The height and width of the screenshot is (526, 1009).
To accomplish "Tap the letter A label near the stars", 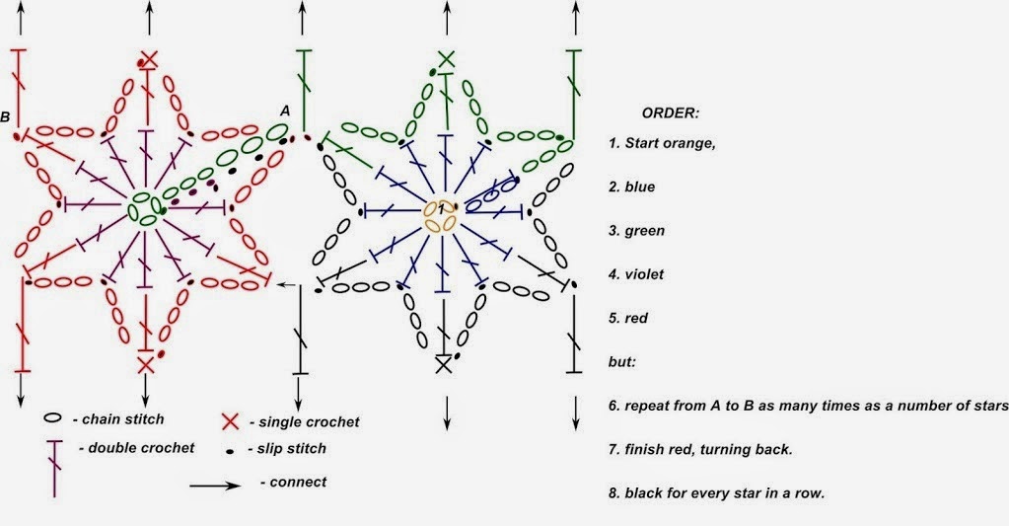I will point(284,112).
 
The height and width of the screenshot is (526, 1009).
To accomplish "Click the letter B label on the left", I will point(6,117).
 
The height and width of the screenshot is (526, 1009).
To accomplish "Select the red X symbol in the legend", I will point(230,422).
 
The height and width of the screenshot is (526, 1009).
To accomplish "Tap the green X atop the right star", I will point(446,58).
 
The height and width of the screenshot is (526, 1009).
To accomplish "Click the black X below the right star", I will point(444,364).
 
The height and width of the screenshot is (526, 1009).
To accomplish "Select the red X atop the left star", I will point(149,59).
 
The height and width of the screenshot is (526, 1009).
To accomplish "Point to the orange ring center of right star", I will point(440,214).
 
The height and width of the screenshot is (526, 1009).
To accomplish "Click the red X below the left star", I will point(146,365).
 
